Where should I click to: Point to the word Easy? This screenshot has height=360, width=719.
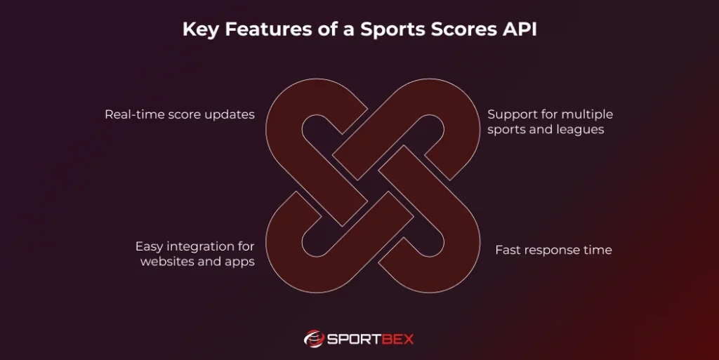[150, 246]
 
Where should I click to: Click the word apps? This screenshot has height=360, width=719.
[239, 262]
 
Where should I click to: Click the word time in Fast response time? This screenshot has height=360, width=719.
[598, 250]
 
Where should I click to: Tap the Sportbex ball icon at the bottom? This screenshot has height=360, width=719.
[314, 339]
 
